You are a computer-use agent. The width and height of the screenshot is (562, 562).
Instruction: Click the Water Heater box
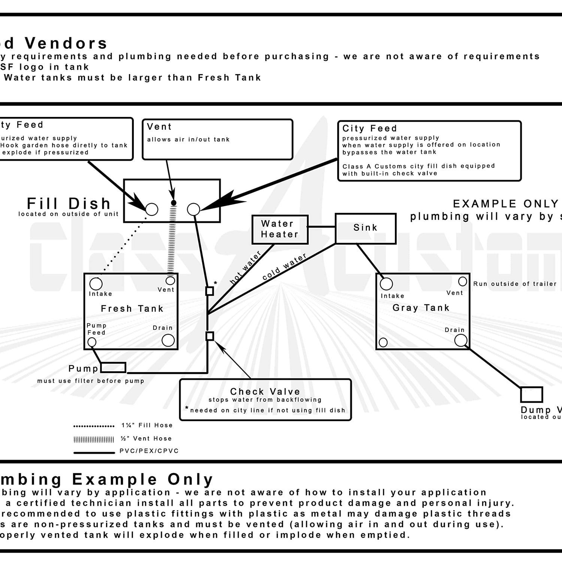pos(280,229)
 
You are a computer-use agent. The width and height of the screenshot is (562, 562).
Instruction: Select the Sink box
pos(365,228)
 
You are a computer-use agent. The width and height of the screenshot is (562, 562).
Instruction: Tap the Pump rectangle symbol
pos(113,367)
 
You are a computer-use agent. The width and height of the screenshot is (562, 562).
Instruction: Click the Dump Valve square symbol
pos(531,395)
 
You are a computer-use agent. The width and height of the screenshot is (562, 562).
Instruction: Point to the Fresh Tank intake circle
pos(96,284)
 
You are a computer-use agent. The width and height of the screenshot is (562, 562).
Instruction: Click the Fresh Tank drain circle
pos(168,340)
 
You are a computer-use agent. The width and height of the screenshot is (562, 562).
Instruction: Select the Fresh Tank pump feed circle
pos(92,342)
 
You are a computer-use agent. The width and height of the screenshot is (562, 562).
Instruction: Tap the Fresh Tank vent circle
pos(170,281)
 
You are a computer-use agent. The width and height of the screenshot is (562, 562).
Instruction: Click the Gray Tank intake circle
pos(386,284)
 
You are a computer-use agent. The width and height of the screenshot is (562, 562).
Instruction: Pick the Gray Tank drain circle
pos(460,340)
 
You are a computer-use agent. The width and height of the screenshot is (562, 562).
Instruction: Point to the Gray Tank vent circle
pos(463,281)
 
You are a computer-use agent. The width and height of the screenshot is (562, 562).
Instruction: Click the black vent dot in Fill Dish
pos(173,203)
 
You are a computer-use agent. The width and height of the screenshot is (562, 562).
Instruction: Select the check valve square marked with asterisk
pos(210,291)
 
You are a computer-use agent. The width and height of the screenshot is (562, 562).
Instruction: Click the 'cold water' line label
pos(284,266)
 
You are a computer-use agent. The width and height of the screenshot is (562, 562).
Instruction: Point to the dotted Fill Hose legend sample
pos(94,426)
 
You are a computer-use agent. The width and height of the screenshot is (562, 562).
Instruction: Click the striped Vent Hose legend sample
pos(94,439)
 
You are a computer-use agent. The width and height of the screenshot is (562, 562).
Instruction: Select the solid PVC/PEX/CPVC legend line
pos(94,453)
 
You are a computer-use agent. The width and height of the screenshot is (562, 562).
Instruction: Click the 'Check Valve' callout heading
pos(265,392)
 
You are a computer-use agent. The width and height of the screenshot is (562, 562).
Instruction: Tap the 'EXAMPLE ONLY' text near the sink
pos(505,204)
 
